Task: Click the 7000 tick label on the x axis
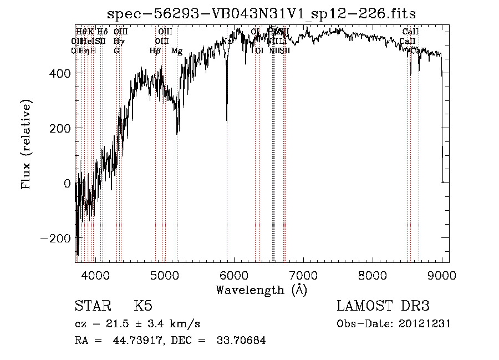point(303,275)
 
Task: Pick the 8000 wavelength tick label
point(372,275)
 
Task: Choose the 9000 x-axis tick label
point(441,275)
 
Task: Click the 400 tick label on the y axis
point(62,74)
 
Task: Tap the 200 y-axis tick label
point(62,129)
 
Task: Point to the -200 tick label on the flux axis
point(58,239)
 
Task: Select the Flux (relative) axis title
point(27,144)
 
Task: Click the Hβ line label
point(155,51)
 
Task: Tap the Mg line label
point(176,51)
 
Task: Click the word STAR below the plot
point(92,306)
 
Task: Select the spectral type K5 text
point(143,306)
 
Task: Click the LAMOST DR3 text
point(383,306)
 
